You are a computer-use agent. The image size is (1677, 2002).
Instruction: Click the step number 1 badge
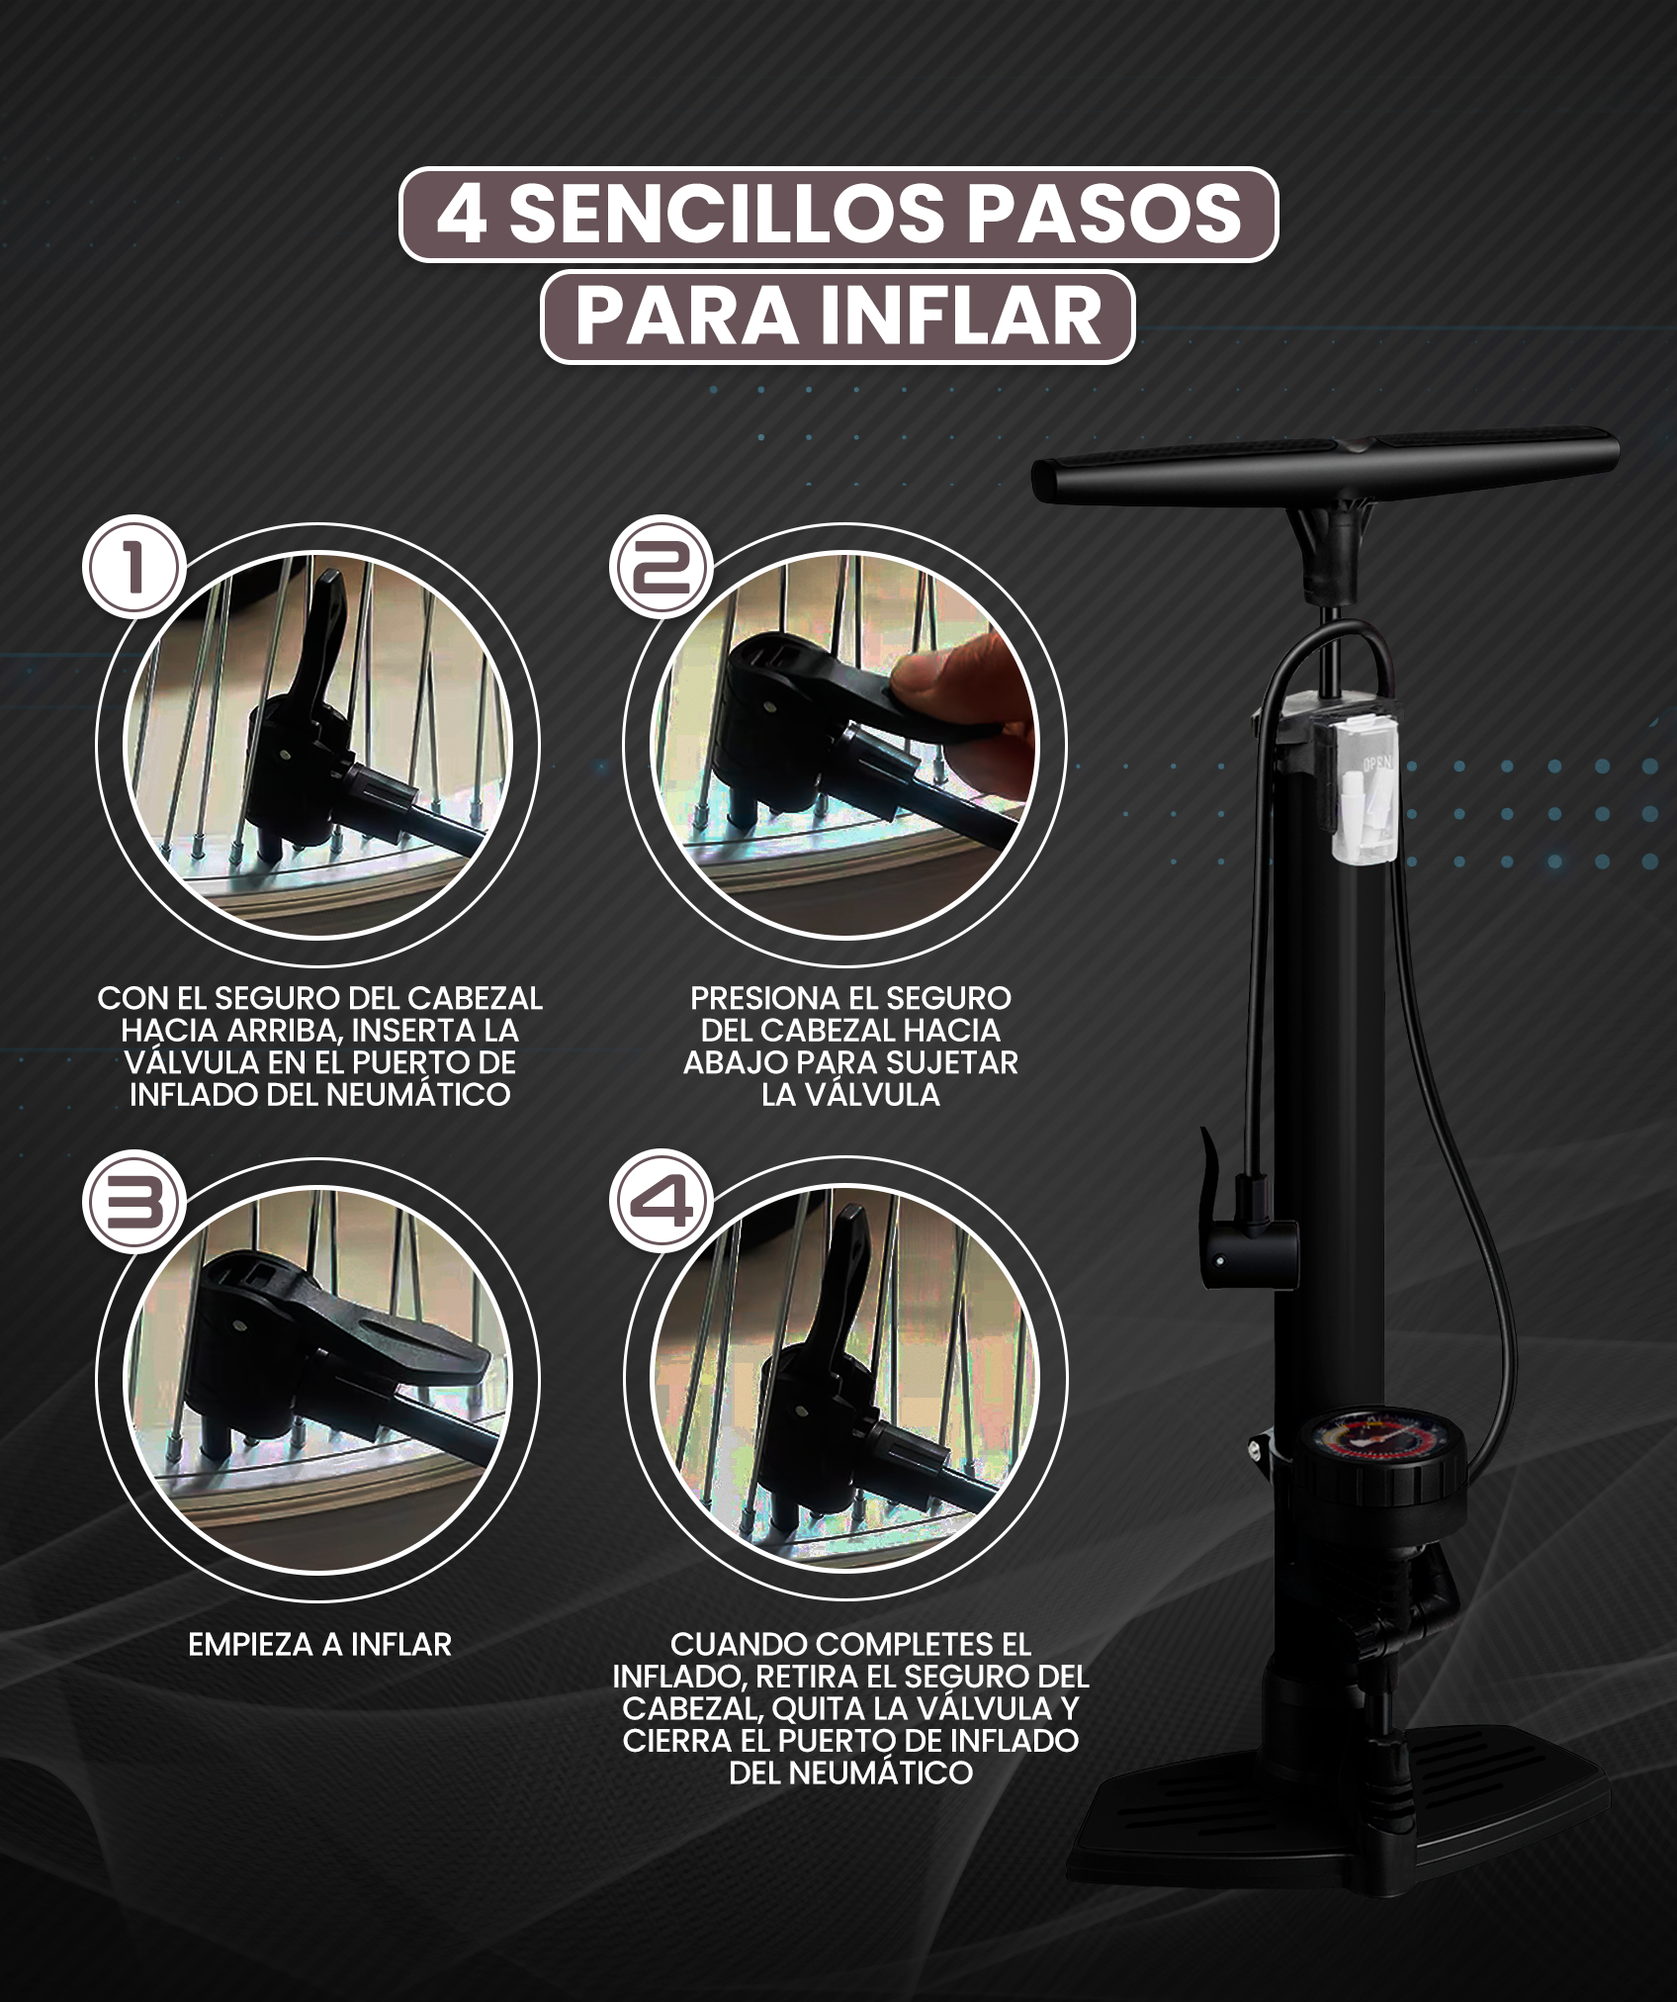(133, 570)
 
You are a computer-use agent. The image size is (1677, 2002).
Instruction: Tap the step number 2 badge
(661, 570)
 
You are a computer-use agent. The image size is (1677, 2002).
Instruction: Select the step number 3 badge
(133, 1205)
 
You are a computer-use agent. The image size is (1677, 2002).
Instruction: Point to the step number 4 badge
(661, 1205)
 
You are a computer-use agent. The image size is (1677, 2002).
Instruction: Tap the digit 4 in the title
(461, 214)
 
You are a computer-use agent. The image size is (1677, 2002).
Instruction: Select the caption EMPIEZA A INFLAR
(319, 1645)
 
